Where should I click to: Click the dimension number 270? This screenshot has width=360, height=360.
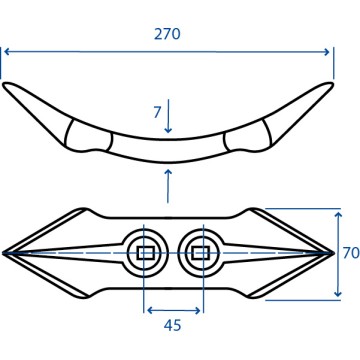tap(167, 34)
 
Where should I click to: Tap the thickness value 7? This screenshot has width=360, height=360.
tap(157, 112)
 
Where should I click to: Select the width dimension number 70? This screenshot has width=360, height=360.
tap(351, 253)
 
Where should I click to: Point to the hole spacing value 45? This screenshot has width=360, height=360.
tap(172, 325)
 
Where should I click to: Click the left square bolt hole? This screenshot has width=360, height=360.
tap(145, 253)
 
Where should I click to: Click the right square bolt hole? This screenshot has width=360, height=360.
tap(201, 253)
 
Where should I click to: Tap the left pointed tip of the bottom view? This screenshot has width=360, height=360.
tap(3, 253)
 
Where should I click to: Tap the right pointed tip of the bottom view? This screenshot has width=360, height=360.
tap(333, 253)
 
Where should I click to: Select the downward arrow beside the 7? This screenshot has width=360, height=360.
tap(168, 116)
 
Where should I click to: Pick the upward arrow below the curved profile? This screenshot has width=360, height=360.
tap(168, 186)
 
